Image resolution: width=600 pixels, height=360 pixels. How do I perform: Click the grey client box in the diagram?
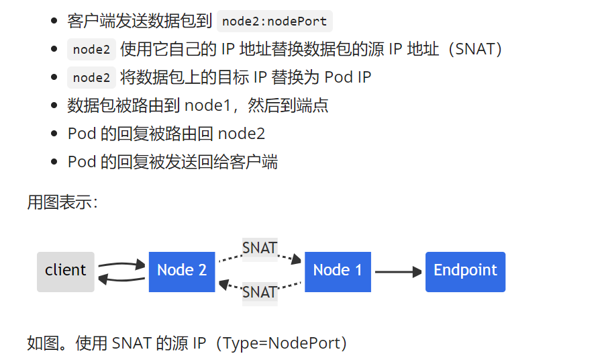click(65, 271)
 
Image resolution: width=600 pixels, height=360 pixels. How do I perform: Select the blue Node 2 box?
click(181, 271)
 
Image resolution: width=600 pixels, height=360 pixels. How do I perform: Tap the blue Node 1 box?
click(338, 271)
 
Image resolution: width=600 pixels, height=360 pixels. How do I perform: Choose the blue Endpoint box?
click(465, 271)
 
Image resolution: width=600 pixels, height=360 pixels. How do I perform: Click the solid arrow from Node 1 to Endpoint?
click(398, 272)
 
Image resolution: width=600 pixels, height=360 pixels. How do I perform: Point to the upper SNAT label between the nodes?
click(260, 248)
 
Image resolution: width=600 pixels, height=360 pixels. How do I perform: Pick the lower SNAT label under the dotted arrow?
click(260, 293)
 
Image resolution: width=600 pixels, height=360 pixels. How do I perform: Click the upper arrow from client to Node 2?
click(121, 264)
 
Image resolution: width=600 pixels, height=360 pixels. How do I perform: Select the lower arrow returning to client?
click(121, 279)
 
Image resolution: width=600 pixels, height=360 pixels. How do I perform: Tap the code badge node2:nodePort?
click(275, 21)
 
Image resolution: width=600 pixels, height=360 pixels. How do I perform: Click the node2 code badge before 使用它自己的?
click(91, 49)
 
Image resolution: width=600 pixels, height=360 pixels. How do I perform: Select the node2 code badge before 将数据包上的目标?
click(91, 77)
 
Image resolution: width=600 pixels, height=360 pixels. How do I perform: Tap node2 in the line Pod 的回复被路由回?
click(242, 134)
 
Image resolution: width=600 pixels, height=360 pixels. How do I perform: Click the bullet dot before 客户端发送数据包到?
click(54, 21)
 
